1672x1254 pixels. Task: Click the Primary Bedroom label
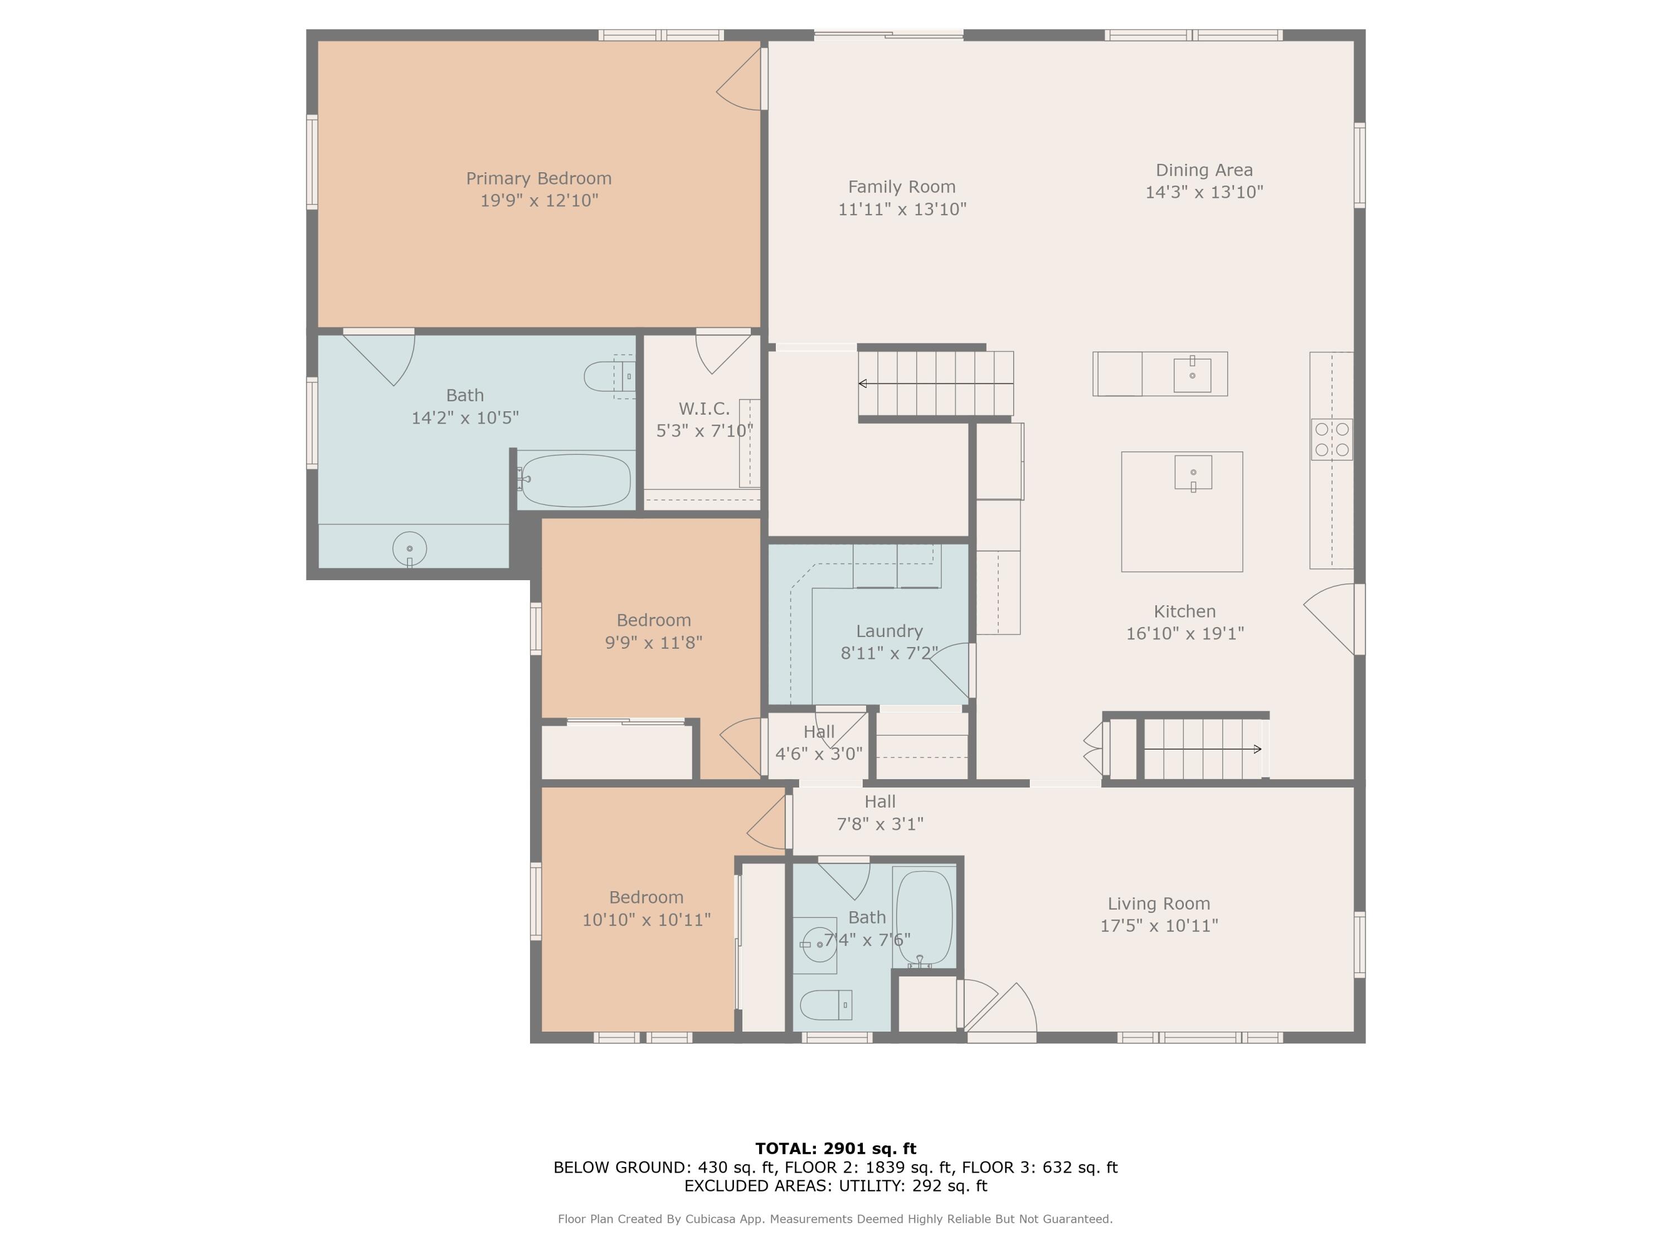pyautogui.click(x=538, y=178)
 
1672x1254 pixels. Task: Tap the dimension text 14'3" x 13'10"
pyautogui.click(x=1204, y=192)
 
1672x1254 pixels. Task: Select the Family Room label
pyautogui.click(x=902, y=187)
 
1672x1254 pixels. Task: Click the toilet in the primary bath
pyautogui.click(x=609, y=376)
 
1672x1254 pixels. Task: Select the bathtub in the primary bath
pyautogui.click(x=575, y=480)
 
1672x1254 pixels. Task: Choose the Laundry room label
pyautogui.click(x=889, y=631)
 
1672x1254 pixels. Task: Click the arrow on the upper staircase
pyautogui.click(x=936, y=384)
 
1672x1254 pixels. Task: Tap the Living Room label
pyautogui.click(x=1159, y=903)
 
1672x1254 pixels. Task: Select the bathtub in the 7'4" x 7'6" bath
pyautogui.click(x=924, y=917)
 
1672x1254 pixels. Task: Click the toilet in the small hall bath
pyautogui.click(x=826, y=1004)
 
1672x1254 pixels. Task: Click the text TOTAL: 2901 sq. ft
pyautogui.click(x=836, y=1149)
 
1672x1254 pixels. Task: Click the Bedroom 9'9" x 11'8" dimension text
pyautogui.click(x=654, y=643)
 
